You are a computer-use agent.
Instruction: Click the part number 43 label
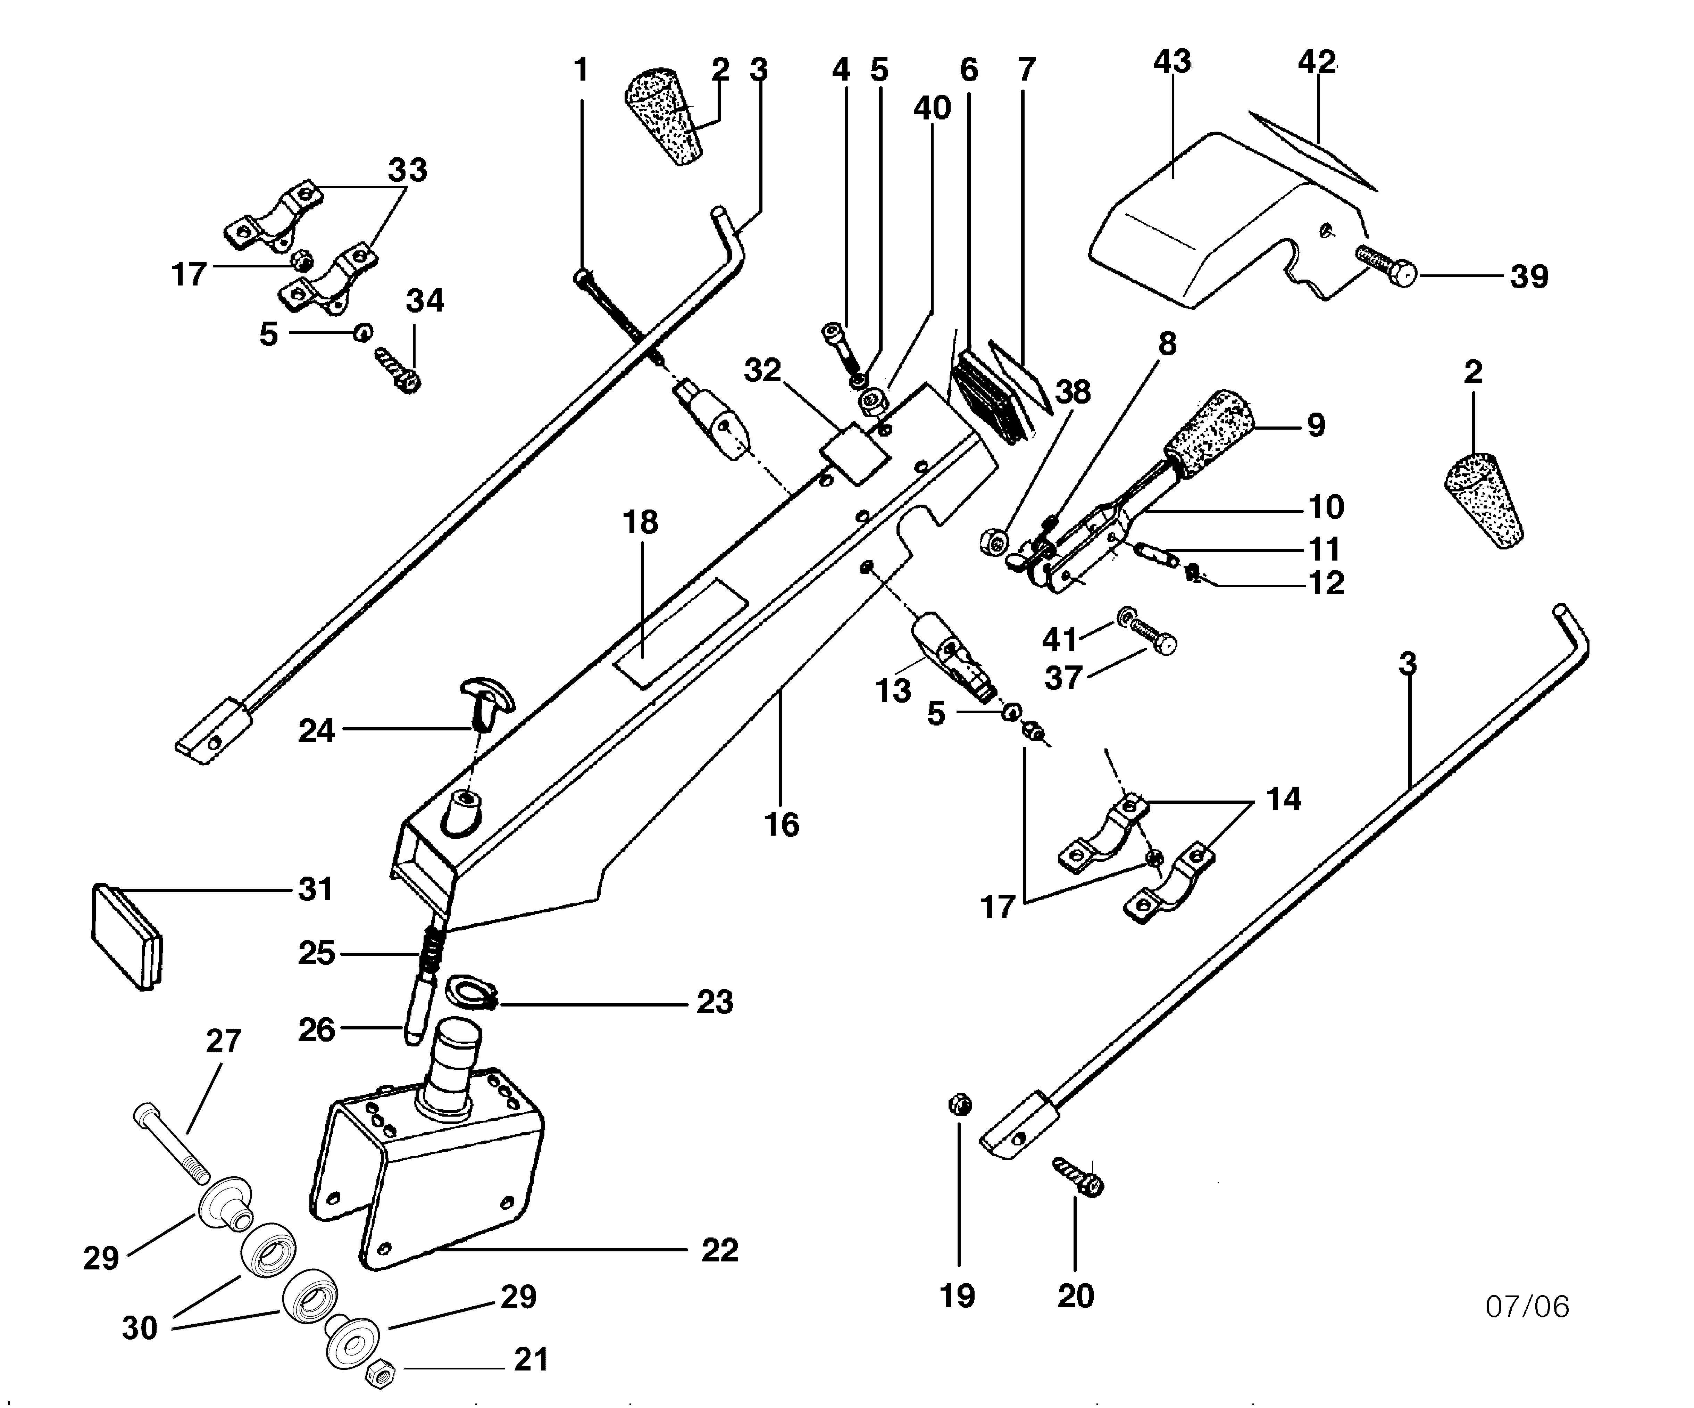point(1172,62)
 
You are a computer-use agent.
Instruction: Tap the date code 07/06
point(1527,1306)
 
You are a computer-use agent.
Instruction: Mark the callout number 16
point(781,825)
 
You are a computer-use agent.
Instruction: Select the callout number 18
point(640,522)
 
